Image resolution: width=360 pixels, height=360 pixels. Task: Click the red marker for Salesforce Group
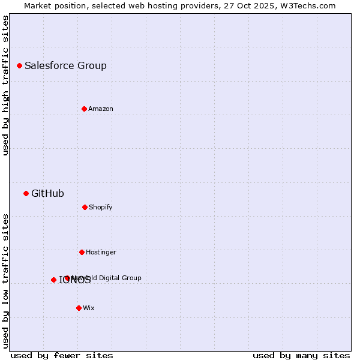pyautogui.click(x=19, y=65)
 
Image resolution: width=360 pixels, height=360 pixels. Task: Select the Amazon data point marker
pyautogui.click(x=84, y=109)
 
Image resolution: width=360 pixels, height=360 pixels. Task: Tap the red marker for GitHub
pyautogui.click(x=26, y=193)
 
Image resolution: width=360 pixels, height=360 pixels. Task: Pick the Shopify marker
pyautogui.click(x=85, y=207)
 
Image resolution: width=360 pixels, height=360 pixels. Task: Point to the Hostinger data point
pyautogui.click(x=82, y=252)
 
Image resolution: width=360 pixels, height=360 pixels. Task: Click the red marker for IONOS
pyautogui.click(x=53, y=280)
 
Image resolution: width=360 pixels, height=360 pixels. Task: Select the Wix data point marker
pyautogui.click(x=79, y=308)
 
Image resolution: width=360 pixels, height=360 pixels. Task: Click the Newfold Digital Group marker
pyautogui.click(x=67, y=278)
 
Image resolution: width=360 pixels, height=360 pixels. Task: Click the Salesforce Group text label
pyautogui.click(x=65, y=65)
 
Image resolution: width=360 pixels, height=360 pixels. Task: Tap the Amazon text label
pyautogui.click(x=101, y=109)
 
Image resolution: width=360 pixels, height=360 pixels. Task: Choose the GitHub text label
pyautogui.click(x=47, y=193)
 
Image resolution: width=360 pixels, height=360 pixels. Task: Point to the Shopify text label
pyautogui.click(x=101, y=207)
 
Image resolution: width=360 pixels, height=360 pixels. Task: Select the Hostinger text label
pyautogui.click(x=101, y=252)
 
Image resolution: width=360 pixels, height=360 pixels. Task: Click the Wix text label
pyautogui.click(x=89, y=308)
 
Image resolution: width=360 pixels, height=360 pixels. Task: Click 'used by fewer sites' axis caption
pyautogui.click(x=62, y=355)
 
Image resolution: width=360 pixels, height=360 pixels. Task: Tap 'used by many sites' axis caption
pyautogui.click(x=301, y=355)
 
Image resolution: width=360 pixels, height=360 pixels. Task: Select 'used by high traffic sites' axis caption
pyautogui.click(x=6, y=85)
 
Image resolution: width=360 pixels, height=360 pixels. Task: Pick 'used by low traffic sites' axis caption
pyautogui.click(x=6, y=281)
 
